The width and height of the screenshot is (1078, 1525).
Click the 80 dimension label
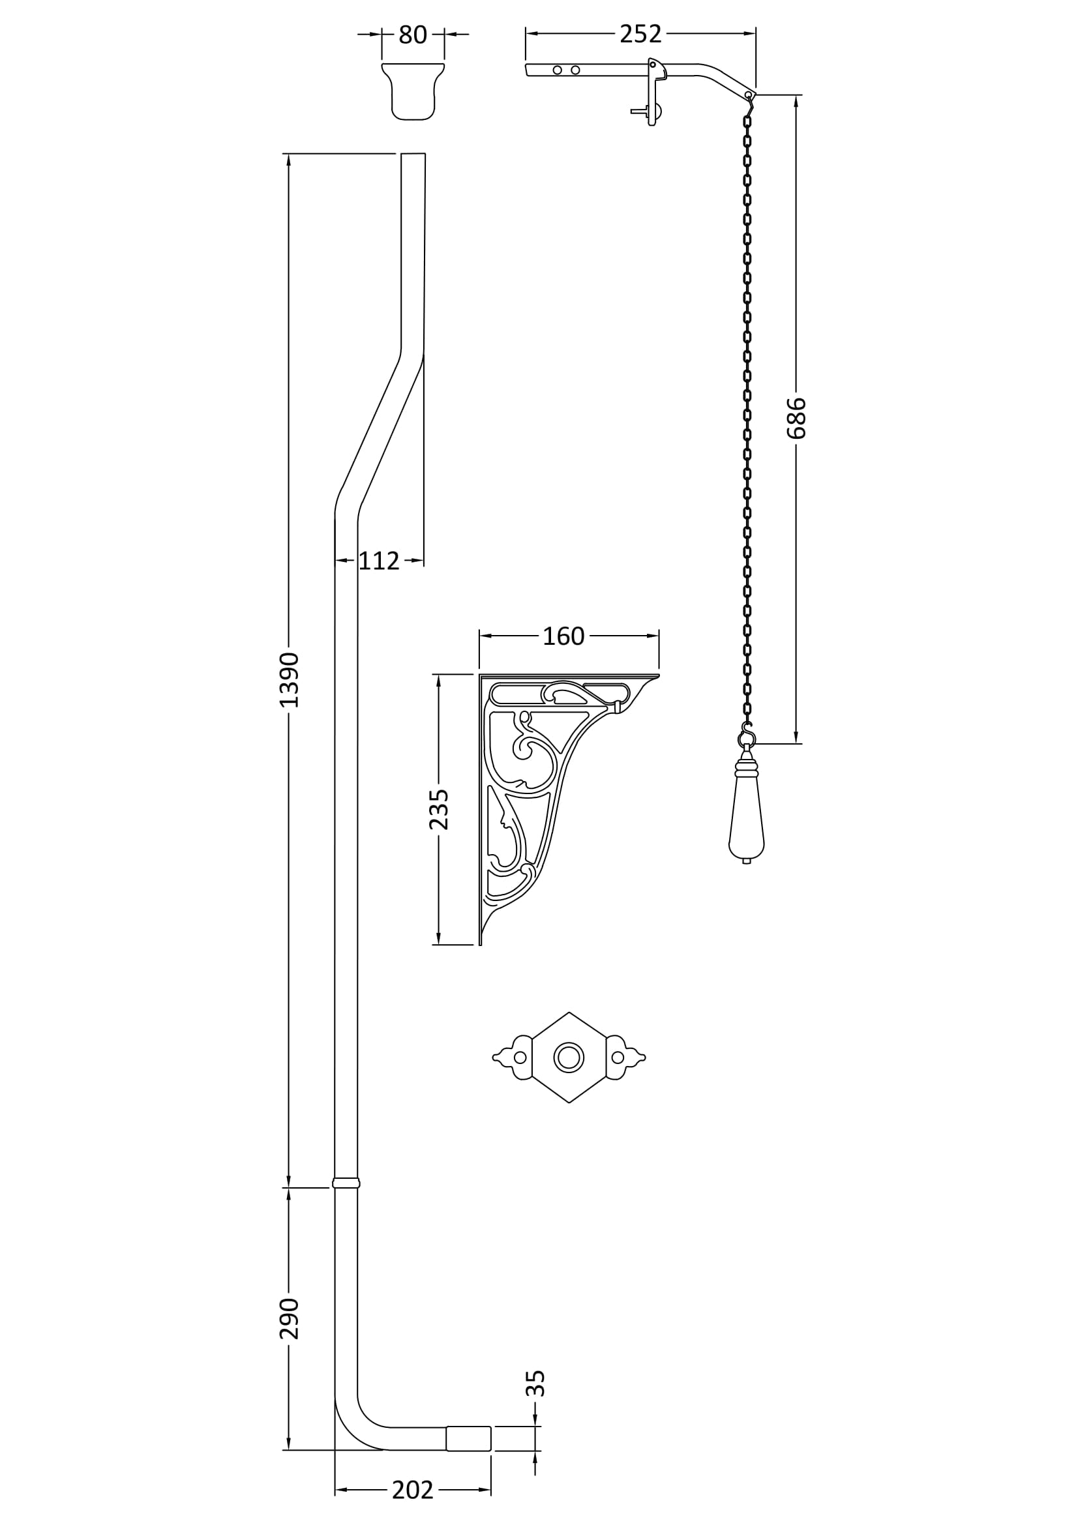[412, 35]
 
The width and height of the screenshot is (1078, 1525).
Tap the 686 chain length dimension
[796, 418]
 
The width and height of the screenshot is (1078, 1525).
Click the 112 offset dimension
[380, 561]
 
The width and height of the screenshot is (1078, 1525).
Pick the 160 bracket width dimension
[563, 636]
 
